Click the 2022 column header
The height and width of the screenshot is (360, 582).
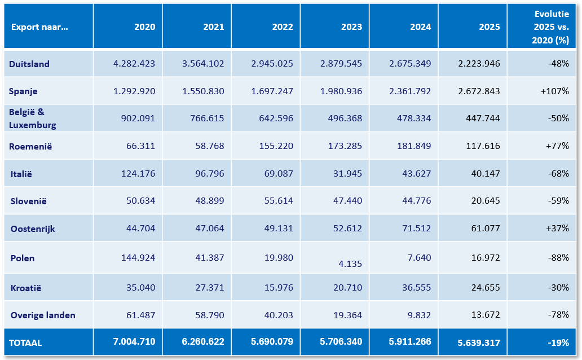tap(283, 27)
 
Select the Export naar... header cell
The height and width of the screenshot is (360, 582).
tap(39, 27)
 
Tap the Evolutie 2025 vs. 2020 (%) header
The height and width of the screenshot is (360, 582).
tap(551, 27)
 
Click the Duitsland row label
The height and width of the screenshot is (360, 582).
tap(29, 64)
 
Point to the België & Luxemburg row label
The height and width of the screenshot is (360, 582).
tap(32, 118)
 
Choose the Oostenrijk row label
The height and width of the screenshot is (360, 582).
tap(33, 229)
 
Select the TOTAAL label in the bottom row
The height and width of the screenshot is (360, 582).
tap(25, 343)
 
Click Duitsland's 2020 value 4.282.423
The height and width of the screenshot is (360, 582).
tap(134, 64)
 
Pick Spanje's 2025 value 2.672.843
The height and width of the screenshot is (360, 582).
tap(479, 91)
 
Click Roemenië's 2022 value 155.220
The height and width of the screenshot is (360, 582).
tap(276, 146)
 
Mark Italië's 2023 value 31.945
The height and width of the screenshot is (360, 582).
tap(347, 173)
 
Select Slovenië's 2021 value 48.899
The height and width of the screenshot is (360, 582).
tap(210, 201)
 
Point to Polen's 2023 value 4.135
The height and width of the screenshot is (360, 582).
tap(350, 264)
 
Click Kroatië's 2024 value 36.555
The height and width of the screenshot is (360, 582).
tap(416, 288)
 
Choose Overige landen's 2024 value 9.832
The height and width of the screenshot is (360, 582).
tap(419, 315)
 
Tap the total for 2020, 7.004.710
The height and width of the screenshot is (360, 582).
tap(134, 342)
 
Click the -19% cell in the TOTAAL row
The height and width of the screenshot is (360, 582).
tap(558, 343)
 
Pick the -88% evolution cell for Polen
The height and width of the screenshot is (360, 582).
tap(558, 257)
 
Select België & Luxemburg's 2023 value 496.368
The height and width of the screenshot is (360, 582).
tap(345, 118)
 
